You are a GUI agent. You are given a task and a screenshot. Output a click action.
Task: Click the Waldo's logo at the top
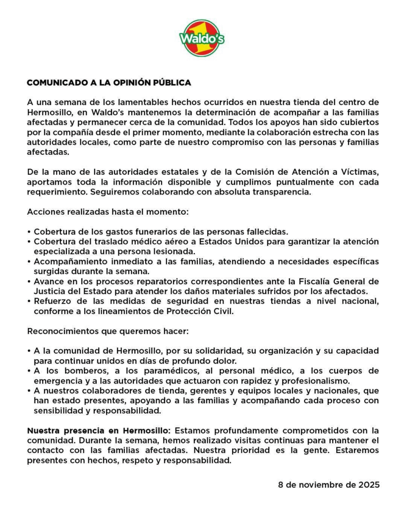pyautogui.click(x=202, y=38)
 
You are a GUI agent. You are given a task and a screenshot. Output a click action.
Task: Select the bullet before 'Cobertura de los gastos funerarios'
pyautogui.click(x=29, y=232)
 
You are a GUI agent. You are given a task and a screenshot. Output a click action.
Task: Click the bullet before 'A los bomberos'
pyautogui.click(x=29, y=371)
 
